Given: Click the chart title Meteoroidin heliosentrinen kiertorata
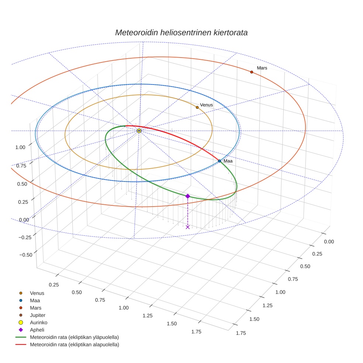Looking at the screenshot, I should (181, 32).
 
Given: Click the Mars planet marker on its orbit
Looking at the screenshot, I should (252, 72).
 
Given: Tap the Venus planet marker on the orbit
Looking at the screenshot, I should (197, 107).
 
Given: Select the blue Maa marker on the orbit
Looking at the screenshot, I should (219, 161).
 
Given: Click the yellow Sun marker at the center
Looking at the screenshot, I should (139, 131).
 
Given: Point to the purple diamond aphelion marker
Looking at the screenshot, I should (187, 196).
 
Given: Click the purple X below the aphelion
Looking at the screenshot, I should (188, 227).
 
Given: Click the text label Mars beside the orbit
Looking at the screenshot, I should (262, 68).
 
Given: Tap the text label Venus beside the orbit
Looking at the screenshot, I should (206, 105).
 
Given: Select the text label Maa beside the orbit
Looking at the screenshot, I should (228, 161).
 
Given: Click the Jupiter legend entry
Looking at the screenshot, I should (38, 315).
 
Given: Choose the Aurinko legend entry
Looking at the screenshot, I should (38, 322).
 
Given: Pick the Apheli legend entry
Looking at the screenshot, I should (37, 330).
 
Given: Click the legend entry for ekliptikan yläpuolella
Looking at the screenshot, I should (74, 337).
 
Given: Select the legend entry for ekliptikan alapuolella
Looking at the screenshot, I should (74, 345).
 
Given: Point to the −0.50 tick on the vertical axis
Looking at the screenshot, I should (25, 255).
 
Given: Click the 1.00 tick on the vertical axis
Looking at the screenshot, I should (20, 147).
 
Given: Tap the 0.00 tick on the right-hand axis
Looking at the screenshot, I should (328, 242).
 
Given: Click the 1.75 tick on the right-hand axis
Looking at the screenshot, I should (241, 333).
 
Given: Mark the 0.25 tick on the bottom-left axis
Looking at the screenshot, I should (54, 284).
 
